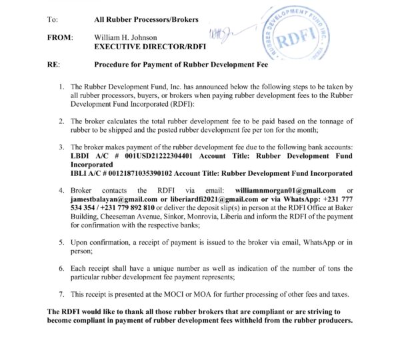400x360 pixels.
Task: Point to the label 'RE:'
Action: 54,65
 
